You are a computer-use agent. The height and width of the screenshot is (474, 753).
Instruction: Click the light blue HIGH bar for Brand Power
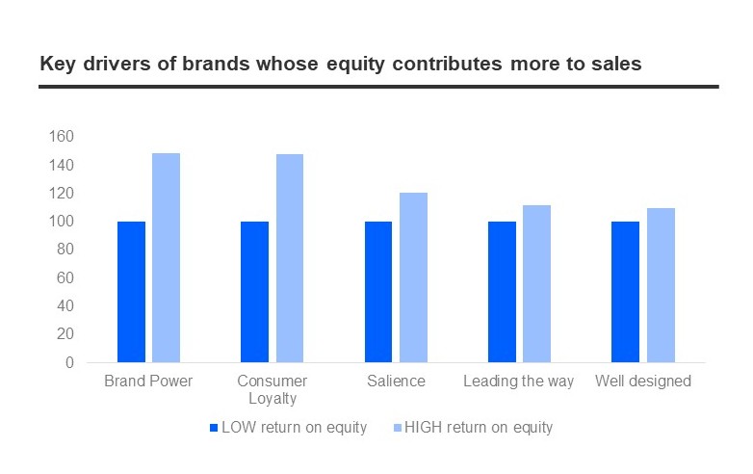pyautogui.click(x=166, y=257)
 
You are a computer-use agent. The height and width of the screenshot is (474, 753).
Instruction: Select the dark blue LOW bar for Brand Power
pyautogui.click(x=131, y=292)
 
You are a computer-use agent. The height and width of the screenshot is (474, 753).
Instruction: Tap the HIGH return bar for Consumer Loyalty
pyautogui.click(x=290, y=258)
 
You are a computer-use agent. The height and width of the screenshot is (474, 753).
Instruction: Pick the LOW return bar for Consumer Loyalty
pyautogui.click(x=254, y=292)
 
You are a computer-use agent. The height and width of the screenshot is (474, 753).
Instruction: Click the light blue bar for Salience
pyautogui.click(x=413, y=277)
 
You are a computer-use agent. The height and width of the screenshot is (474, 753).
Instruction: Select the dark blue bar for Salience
pyautogui.click(x=378, y=292)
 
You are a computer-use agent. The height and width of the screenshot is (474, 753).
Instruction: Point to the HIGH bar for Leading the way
pyautogui.click(x=536, y=283)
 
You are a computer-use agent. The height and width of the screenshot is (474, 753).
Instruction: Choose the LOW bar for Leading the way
pyautogui.click(x=502, y=292)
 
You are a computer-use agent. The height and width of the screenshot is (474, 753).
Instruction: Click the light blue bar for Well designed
pyautogui.click(x=661, y=285)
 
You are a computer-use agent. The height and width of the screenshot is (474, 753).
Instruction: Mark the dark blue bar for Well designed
pyautogui.click(x=626, y=292)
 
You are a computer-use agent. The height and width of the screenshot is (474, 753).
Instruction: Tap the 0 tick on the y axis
pyautogui.click(x=67, y=363)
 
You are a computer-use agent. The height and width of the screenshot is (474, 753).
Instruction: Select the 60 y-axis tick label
pyautogui.click(x=64, y=278)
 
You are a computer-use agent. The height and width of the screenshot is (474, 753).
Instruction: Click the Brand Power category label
pyautogui.click(x=148, y=382)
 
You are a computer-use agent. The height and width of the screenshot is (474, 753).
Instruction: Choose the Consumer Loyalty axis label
pyautogui.click(x=272, y=389)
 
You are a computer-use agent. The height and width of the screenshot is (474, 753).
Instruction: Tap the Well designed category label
pyautogui.click(x=643, y=382)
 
